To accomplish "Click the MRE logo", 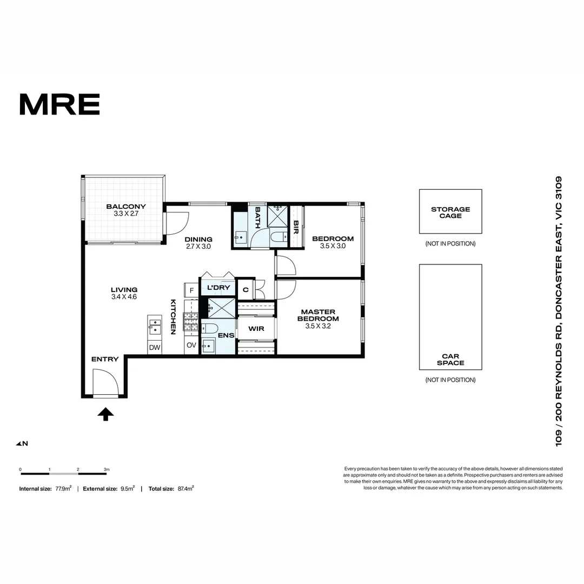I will coord(59,104).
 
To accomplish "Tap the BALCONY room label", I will coord(126,207).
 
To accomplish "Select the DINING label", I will coord(198,240).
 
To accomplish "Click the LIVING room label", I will coord(124,290).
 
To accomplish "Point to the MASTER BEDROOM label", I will coord(318,315).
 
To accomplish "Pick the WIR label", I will coord(256,329).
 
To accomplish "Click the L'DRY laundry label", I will coord(218,288).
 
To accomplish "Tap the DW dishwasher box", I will coord(155,348).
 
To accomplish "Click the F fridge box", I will coord(191,290).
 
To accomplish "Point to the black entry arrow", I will coord(106,414).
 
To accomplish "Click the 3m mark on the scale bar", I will coord(107,469).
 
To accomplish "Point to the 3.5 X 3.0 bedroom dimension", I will coord(333,246).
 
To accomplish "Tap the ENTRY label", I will coord(105,360).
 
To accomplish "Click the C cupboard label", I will coord(245,290).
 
